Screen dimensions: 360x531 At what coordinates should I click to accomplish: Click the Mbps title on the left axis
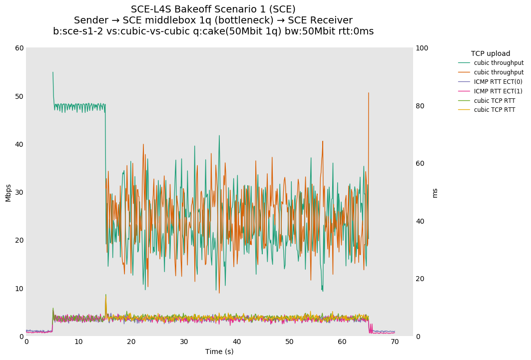pyautogui.click(x=8, y=192)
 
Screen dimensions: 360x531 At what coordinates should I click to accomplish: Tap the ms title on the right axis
pyautogui.click(x=435, y=193)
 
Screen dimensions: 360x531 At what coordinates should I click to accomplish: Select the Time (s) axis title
pyautogui.click(x=219, y=352)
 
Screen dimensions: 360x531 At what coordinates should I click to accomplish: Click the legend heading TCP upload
pyautogui.click(x=491, y=53)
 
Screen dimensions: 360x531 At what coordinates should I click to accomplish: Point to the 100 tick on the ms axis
pyautogui.click(x=422, y=48)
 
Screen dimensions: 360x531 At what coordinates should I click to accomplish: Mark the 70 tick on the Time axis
pyautogui.click(x=395, y=342)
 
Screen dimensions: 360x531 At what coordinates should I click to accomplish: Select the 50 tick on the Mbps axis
pyautogui.click(x=19, y=96)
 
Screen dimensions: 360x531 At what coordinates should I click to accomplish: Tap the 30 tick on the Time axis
pyautogui.click(x=184, y=342)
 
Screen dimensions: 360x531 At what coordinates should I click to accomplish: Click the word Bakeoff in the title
pyautogui.click(x=193, y=9)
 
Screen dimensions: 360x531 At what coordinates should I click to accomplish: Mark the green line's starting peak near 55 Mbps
pyautogui.click(x=52, y=72)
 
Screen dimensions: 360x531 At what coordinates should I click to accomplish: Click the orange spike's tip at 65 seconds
pyautogui.click(x=369, y=92)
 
